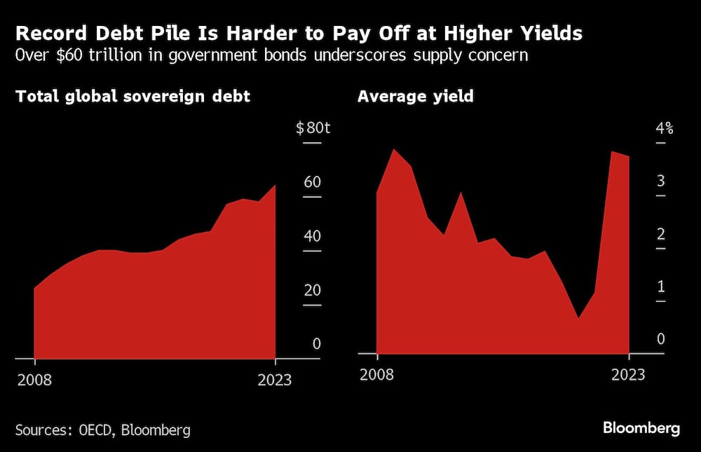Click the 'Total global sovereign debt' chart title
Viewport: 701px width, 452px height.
click(133, 97)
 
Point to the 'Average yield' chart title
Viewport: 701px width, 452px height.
click(416, 97)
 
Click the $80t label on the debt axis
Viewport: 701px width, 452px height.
click(308, 128)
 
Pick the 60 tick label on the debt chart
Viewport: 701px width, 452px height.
click(312, 182)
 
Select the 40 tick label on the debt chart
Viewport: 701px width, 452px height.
click(312, 236)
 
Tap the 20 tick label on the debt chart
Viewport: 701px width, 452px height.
click(312, 290)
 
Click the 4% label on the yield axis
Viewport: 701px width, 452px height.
click(664, 128)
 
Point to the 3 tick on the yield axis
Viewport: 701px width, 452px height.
click(660, 182)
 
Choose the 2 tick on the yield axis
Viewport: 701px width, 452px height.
click(660, 234)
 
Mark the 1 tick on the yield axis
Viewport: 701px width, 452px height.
click(660, 287)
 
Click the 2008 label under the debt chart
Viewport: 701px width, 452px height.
click(34, 381)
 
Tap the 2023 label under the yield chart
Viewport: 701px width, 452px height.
click(628, 375)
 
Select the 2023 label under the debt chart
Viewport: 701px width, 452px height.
click(275, 381)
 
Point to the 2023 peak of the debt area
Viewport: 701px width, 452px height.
click(275, 186)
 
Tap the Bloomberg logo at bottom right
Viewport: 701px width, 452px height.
click(641, 428)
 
